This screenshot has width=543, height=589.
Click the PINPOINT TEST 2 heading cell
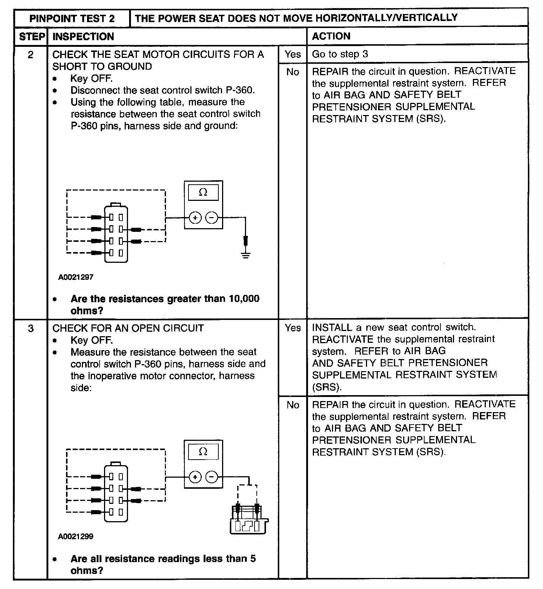(x=72, y=18)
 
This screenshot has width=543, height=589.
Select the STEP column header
(x=32, y=36)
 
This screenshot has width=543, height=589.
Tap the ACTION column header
(x=331, y=36)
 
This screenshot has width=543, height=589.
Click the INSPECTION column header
(x=83, y=36)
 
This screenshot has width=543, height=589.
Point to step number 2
(x=31, y=55)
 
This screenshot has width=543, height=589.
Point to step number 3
(x=31, y=328)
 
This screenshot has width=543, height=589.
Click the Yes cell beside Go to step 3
(x=293, y=54)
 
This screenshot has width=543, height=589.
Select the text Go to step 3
(x=340, y=54)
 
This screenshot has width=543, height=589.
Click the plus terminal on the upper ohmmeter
(x=195, y=218)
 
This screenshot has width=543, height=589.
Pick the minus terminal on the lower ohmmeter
(x=212, y=477)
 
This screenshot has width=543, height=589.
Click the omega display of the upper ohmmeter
(x=203, y=192)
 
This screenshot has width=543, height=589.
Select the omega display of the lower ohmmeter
(x=203, y=452)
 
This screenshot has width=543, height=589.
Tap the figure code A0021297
(x=76, y=277)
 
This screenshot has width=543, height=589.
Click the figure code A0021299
(x=76, y=537)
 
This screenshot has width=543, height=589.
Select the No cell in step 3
(x=293, y=405)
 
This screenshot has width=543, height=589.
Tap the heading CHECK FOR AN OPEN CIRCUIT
(x=128, y=328)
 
